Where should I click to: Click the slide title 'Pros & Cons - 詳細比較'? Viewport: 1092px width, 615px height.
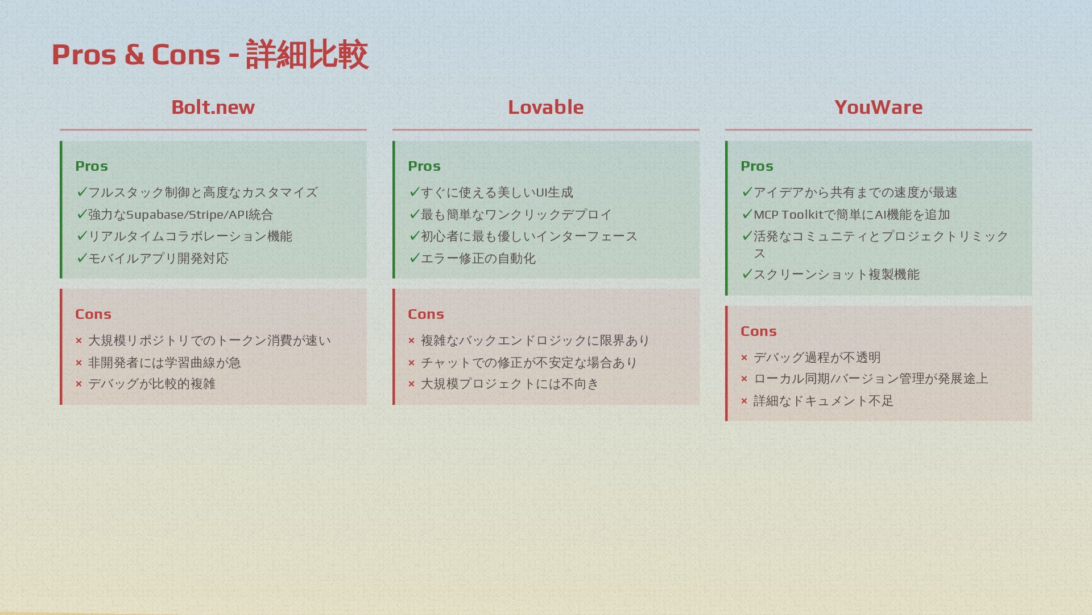(209, 55)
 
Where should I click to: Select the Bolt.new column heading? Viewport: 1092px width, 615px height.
(213, 107)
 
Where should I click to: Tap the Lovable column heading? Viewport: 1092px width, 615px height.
(545, 107)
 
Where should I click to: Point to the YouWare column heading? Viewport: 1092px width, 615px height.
(878, 107)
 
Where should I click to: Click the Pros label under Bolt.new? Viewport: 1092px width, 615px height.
(92, 166)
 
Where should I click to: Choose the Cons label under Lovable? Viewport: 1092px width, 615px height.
(425, 314)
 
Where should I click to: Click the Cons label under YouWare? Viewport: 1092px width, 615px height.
(758, 331)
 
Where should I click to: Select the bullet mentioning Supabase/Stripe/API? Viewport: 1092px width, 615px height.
(180, 215)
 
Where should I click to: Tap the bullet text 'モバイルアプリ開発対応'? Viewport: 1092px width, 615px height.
(158, 259)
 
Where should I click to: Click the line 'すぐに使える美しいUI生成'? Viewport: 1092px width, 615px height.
(497, 192)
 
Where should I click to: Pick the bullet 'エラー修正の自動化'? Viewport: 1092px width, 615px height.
(478, 259)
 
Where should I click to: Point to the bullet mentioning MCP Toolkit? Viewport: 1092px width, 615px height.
(851, 215)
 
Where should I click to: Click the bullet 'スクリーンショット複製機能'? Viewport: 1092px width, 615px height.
(836, 274)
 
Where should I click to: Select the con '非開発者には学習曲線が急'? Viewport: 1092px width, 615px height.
(164, 363)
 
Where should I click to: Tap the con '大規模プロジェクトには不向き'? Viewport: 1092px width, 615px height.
(510, 384)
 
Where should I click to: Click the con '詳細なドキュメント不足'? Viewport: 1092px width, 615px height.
(823, 401)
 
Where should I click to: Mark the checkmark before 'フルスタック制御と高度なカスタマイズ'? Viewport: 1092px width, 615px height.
(81, 192)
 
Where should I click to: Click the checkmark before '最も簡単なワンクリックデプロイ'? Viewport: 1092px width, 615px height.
(414, 214)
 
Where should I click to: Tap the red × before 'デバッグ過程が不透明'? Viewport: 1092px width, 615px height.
(744, 358)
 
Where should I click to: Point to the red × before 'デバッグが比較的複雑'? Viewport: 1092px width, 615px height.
(78, 384)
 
